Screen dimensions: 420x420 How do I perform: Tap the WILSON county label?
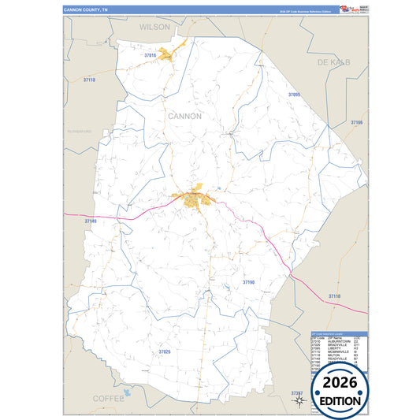point(154,27)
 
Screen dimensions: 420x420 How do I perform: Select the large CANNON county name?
point(184,116)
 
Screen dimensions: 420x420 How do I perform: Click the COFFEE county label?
point(109,399)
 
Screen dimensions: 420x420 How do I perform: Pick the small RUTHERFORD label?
point(80,131)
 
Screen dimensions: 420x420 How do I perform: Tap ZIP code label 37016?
point(151,55)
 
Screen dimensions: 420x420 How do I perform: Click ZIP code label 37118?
point(88,80)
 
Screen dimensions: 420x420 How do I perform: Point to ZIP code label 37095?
point(295,95)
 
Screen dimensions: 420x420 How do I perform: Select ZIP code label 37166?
point(356,123)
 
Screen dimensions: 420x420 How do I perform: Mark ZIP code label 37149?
point(91,221)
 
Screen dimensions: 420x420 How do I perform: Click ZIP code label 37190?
point(248,281)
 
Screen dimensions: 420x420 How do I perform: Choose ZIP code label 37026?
point(164,351)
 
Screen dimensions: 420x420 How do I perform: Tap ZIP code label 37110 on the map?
point(334,295)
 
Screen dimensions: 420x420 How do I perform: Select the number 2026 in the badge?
point(340,383)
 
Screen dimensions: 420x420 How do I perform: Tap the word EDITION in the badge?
point(340,400)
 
